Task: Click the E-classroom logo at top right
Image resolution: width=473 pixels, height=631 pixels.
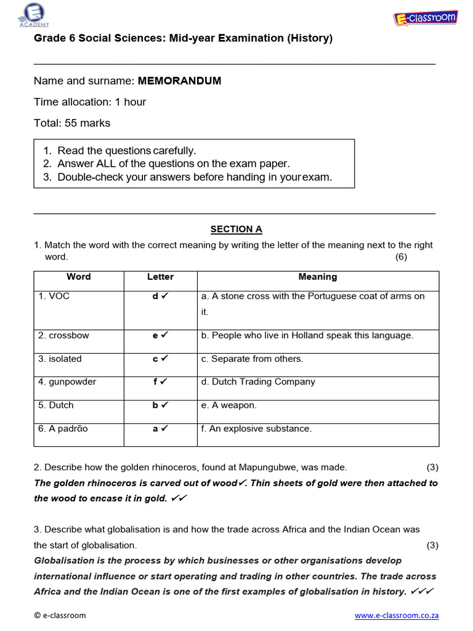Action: coord(425,18)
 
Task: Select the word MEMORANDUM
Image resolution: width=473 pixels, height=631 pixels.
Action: coord(179,81)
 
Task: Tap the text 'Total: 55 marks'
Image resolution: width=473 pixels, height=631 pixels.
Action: coord(72,123)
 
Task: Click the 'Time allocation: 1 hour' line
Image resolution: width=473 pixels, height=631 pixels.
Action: coord(90,102)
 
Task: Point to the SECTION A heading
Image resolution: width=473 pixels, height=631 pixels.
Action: coord(236,229)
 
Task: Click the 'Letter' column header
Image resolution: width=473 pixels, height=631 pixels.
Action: coord(160,277)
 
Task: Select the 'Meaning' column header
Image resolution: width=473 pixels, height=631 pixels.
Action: coord(317,277)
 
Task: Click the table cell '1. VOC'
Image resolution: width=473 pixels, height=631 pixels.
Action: coord(54,296)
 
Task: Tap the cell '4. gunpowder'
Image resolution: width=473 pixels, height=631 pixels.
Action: coord(67,381)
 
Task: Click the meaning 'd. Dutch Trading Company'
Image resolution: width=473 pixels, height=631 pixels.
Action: coord(258,381)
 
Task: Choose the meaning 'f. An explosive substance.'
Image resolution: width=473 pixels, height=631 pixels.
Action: coord(257,428)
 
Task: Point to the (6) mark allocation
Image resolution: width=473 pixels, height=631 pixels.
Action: coord(401,257)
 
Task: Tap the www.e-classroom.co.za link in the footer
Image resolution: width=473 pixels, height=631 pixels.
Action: coord(397,615)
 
